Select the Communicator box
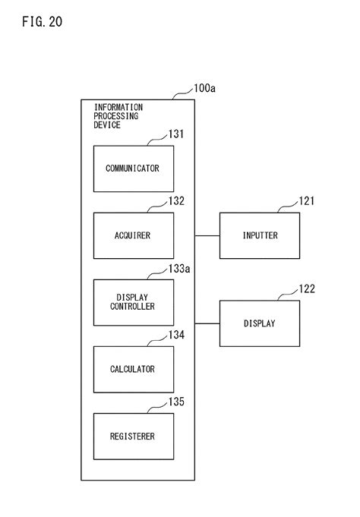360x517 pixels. click(132, 169)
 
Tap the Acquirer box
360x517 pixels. click(132, 235)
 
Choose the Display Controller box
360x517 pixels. click(132, 302)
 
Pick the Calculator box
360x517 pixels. click(132, 369)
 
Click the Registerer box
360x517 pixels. click(132, 436)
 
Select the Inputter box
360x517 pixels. click(260, 235)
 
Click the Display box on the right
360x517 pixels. click(260, 323)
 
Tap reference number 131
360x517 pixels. click(175, 134)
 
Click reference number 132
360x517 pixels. click(175, 201)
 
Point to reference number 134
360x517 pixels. click(175, 335)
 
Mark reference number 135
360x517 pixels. click(175, 402)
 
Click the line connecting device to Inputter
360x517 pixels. click(207, 235)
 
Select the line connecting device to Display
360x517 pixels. click(207, 323)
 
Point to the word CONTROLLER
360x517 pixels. click(132, 307)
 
